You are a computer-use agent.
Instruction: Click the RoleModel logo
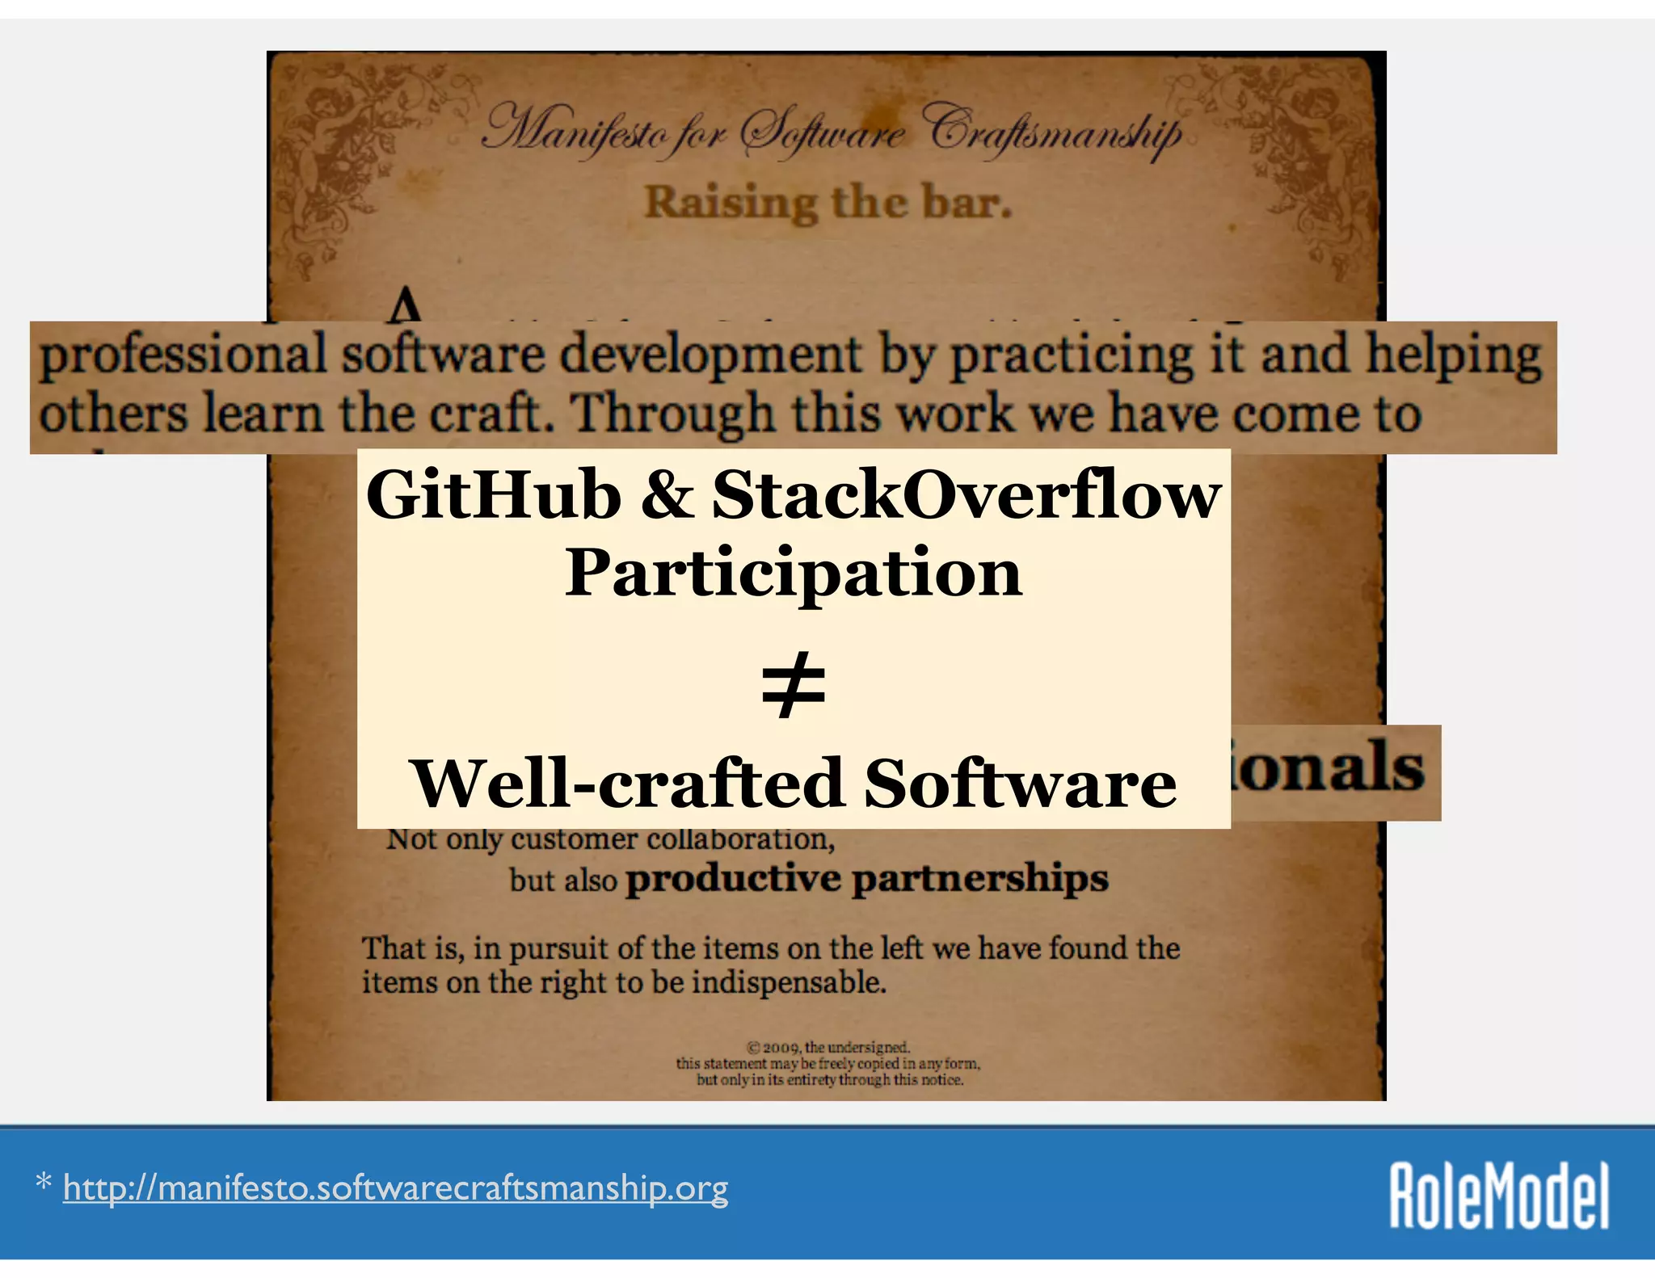1499,1196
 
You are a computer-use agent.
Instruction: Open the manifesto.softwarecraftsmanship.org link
395,1188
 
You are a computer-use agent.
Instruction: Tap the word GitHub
493,494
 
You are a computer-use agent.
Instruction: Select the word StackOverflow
966,494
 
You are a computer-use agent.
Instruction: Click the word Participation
794,574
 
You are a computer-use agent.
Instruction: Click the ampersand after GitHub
667,494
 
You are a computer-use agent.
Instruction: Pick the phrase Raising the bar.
827,202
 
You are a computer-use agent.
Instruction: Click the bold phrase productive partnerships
866,879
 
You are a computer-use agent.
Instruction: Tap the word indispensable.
788,983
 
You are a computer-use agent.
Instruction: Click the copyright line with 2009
828,1048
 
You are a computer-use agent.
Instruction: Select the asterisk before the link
44,1185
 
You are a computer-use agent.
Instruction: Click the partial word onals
1329,767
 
